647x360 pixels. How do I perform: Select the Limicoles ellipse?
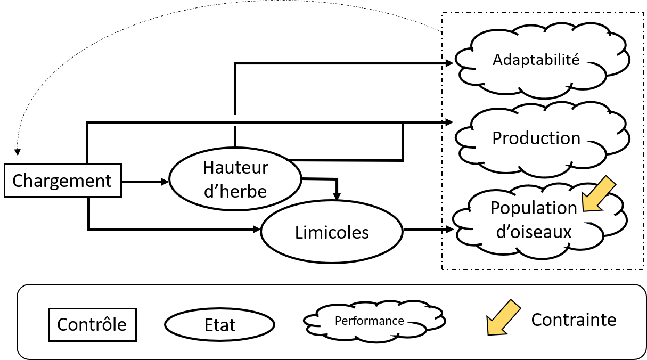click(x=331, y=232)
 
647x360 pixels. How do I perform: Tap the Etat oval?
click(x=219, y=325)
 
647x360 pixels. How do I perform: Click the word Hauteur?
click(x=235, y=167)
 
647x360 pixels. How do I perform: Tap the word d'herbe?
click(x=235, y=191)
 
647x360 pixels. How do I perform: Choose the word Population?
click(x=533, y=208)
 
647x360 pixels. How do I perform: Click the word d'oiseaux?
click(x=533, y=232)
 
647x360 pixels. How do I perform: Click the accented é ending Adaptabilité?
click(x=576, y=59)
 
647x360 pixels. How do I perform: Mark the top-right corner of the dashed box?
click(x=643, y=14)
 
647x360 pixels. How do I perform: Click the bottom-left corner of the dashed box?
click(x=443, y=268)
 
